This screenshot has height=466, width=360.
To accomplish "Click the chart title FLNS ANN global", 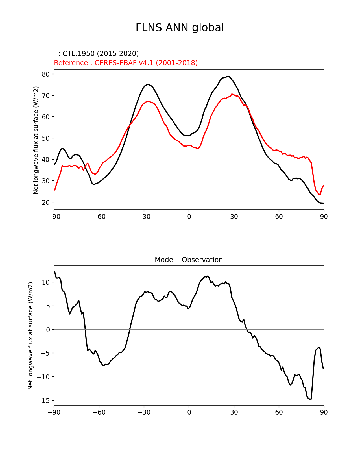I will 180,28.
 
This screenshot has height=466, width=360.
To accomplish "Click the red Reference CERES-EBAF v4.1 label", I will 126,63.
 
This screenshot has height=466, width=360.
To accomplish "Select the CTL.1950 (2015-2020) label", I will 99,54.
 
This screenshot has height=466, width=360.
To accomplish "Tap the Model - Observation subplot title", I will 189,260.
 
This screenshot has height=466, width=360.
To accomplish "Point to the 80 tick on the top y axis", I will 46,74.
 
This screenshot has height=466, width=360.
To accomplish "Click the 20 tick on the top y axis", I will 46,202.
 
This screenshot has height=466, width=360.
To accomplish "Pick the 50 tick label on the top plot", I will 46,138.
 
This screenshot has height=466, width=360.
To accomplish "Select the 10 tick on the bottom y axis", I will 46,282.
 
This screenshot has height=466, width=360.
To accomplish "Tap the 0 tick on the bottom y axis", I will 48,330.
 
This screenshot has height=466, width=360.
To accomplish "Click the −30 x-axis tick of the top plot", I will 144,217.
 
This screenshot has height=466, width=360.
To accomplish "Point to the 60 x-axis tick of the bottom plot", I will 279,413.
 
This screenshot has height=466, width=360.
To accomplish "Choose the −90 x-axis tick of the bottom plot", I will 54,413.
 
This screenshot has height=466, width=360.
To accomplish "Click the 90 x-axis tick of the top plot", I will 324,217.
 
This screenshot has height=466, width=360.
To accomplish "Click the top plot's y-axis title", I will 36,140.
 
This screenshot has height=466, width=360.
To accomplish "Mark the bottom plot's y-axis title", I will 30,336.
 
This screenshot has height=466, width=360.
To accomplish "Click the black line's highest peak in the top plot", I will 229,76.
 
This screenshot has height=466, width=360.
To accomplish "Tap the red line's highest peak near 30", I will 232,94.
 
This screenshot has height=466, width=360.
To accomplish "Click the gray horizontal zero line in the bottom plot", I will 169,330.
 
